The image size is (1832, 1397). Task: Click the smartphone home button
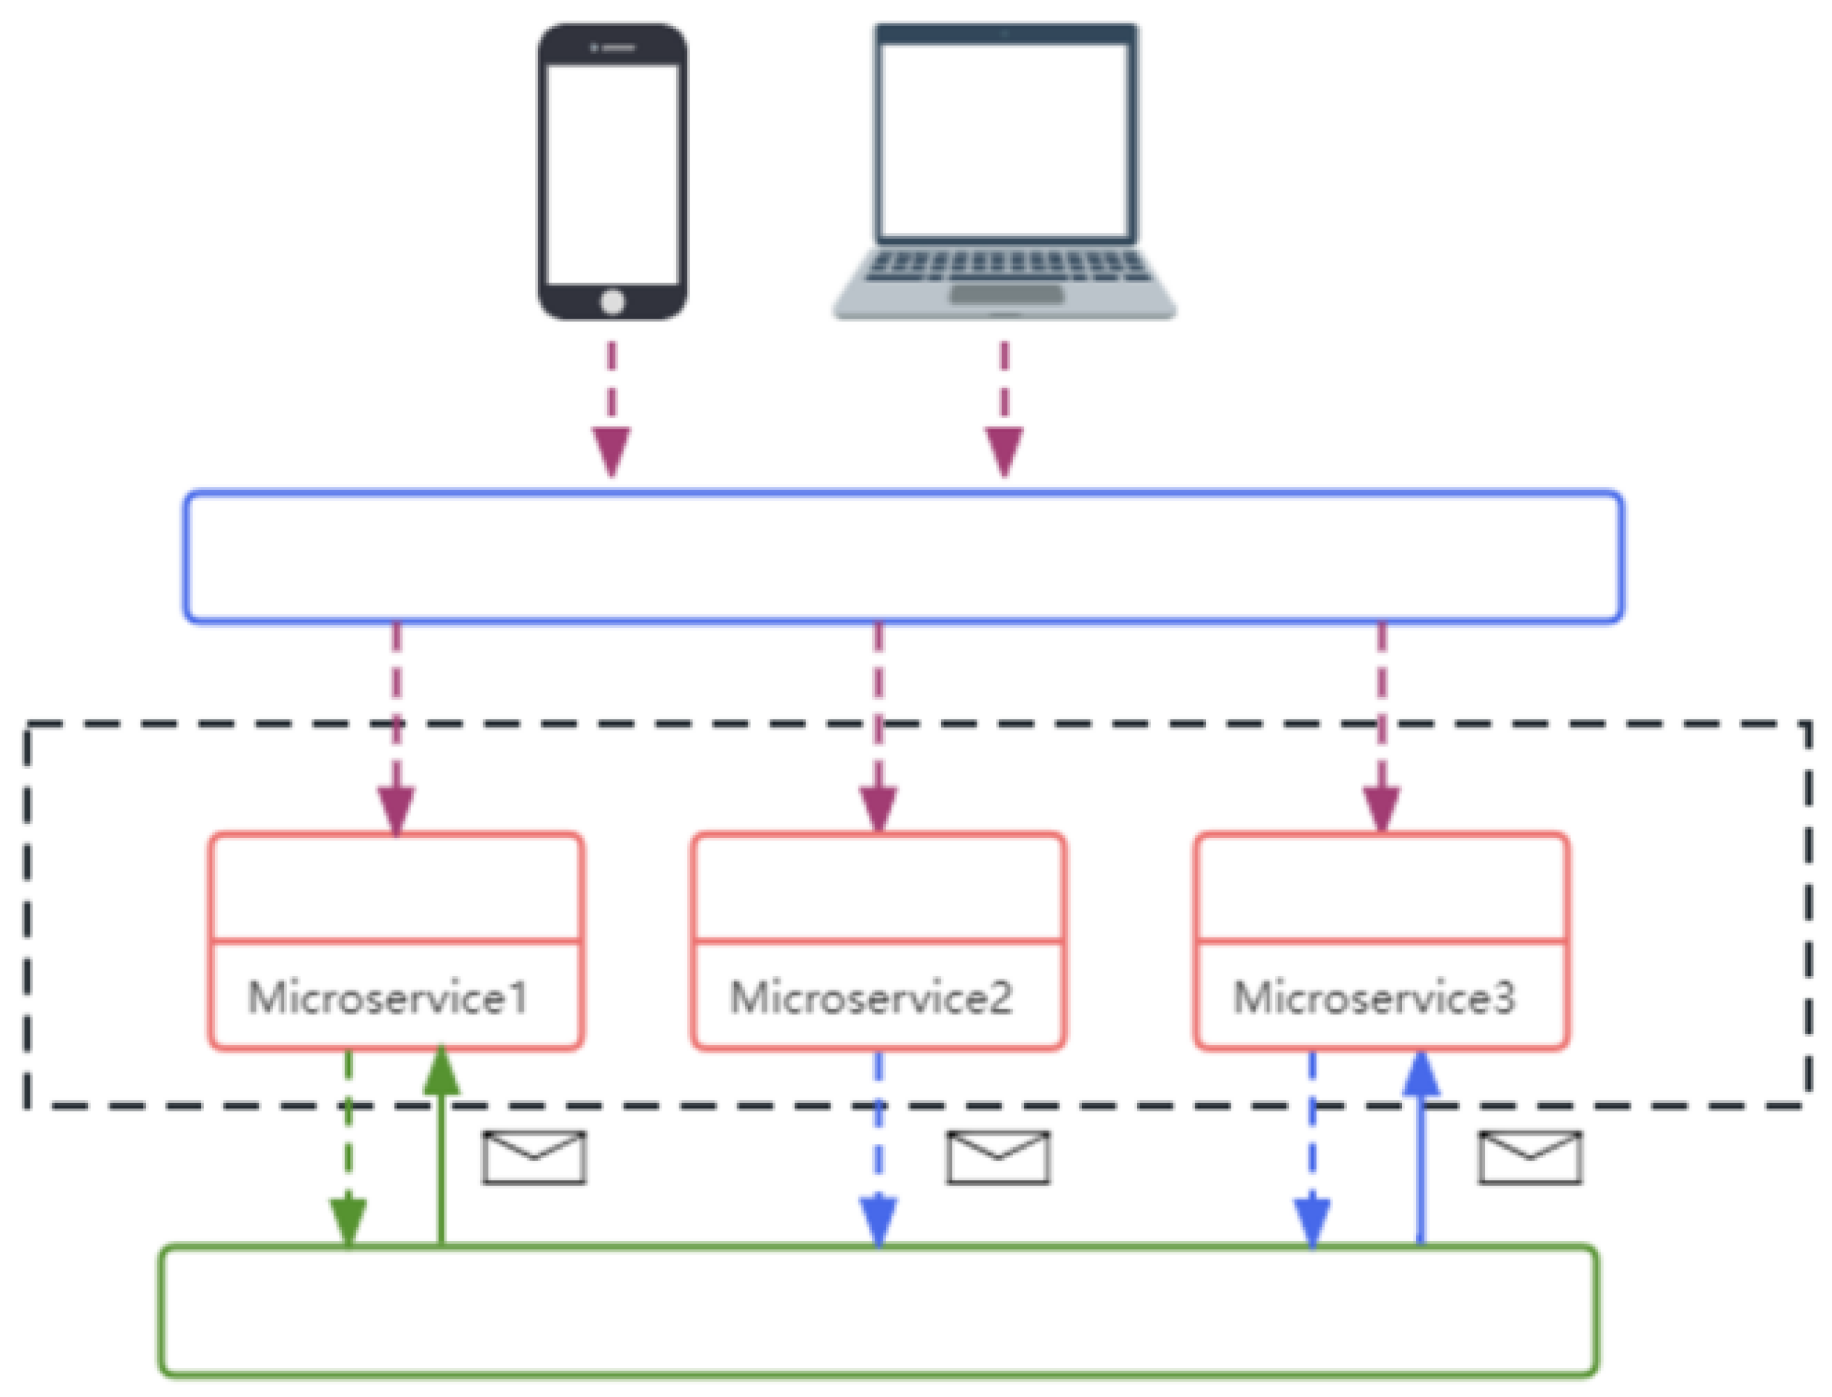tap(612, 301)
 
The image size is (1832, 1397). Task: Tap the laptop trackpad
tap(1006, 294)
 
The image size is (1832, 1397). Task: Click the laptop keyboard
tap(1006, 266)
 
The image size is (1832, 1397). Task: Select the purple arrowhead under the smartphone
tap(611, 451)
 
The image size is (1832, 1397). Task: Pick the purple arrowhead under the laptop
tap(1003, 451)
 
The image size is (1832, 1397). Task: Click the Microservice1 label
tap(388, 997)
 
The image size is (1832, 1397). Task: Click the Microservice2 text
tap(871, 997)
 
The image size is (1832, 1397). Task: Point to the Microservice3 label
tap(1374, 997)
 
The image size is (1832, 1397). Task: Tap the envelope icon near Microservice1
tap(534, 1157)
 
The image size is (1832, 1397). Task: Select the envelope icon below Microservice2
tap(998, 1157)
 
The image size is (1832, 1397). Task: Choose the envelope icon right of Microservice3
tap(1530, 1157)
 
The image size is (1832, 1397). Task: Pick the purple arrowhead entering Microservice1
tap(396, 809)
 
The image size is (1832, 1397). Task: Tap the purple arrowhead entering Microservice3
tap(1381, 809)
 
